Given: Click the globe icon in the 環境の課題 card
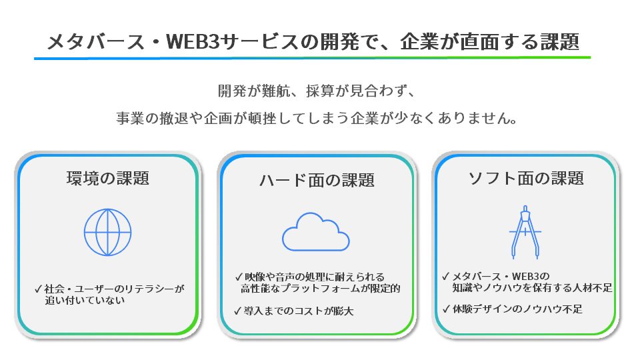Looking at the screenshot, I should click(107, 232).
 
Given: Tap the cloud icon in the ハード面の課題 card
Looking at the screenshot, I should click(316, 231).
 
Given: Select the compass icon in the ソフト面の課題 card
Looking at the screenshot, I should click(525, 231).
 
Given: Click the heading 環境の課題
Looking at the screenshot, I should click(107, 179).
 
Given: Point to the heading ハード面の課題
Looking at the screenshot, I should click(317, 180).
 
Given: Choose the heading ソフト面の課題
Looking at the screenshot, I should click(526, 179).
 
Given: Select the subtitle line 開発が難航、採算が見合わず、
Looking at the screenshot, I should click(317, 91).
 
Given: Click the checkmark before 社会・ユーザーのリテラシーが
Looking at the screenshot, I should click(38, 289).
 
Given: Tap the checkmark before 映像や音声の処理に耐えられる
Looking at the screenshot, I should click(238, 276).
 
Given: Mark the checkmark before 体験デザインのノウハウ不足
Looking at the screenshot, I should click(446, 309).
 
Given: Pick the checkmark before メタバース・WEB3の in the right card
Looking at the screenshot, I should click(446, 276).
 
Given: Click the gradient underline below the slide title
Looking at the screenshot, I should click(313, 58).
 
